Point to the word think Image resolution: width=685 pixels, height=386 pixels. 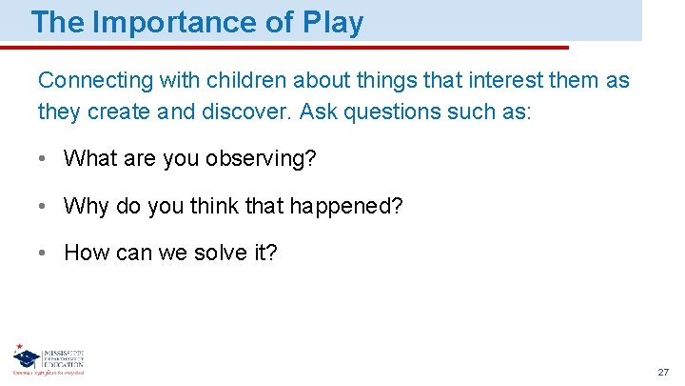pyautogui.click(x=214, y=205)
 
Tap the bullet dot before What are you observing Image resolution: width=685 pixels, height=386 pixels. pyautogui.click(x=43, y=159)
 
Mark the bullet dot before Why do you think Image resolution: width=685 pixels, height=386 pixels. pyautogui.click(x=43, y=206)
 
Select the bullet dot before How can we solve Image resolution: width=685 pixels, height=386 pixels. pyautogui.click(x=43, y=253)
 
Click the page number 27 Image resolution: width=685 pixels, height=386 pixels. pyautogui.click(x=663, y=371)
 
